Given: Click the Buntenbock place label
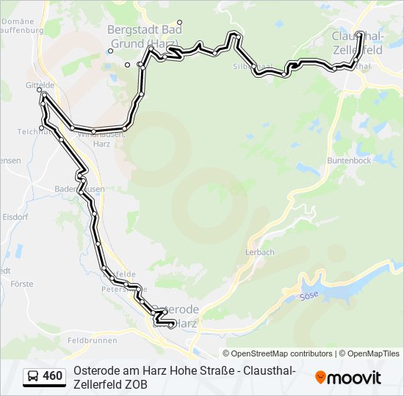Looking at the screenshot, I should coord(349,160).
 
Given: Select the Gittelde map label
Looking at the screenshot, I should coord(40,85).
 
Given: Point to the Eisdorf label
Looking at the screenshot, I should coord(14,217).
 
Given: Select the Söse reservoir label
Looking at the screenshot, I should coord(309,296).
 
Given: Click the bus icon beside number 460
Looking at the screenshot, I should coord(34,377).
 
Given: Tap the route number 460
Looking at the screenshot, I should coord(53,377).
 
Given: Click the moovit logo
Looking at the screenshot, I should coord(348,378).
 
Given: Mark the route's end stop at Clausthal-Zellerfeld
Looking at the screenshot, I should coord(360,34).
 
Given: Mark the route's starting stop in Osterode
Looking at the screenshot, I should coord(171,325).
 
